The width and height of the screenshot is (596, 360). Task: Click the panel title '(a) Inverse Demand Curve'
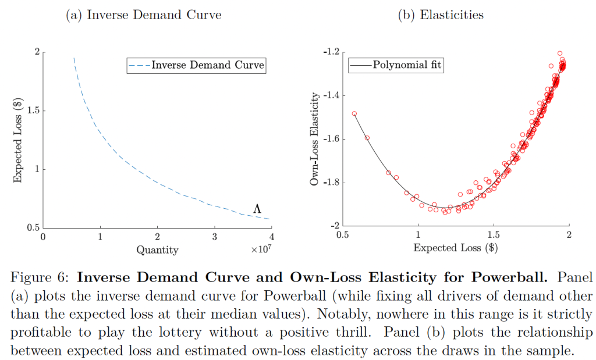144,16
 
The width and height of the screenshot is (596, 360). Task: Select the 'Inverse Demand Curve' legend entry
196,66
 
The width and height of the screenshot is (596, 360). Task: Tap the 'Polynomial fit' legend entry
396,66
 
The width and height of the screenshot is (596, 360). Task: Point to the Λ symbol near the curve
257,208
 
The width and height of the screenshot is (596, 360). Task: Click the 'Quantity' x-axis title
157,251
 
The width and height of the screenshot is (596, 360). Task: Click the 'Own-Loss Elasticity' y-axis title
315,138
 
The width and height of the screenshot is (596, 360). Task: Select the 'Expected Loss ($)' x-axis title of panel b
455,248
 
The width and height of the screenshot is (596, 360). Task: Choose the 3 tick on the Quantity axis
214,237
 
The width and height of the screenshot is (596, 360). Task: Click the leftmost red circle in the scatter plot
354,114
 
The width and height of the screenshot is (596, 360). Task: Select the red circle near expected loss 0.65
367,138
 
